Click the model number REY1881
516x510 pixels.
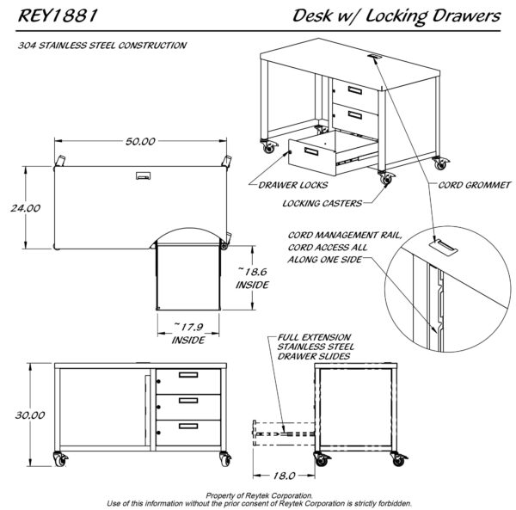point(57,16)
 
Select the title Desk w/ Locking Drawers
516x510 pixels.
point(396,16)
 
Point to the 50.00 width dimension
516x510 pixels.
point(139,141)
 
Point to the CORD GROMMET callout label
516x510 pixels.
point(475,184)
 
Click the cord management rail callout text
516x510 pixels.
point(331,247)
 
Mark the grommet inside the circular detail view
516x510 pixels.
point(444,248)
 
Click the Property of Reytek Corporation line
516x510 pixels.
point(257,495)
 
